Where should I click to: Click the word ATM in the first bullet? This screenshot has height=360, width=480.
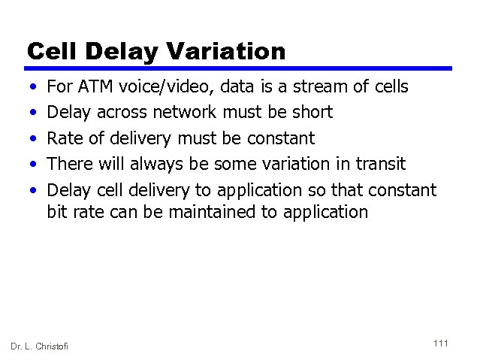(94, 87)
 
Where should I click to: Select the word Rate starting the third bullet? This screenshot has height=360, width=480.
(64, 138)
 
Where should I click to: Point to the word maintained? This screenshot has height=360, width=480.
(215, 212)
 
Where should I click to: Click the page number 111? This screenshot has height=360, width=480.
(441, 343)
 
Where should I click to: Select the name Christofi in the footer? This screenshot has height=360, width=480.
(53, 346)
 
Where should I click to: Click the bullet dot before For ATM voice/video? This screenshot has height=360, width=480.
(30, 88)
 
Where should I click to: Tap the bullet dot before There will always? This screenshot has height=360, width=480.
(30, 165)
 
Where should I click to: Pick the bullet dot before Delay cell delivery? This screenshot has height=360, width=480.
(30, 190)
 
